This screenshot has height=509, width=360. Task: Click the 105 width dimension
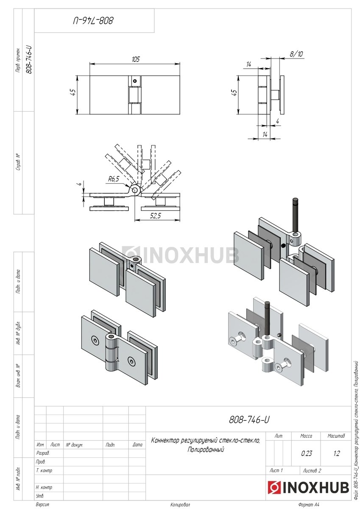tap(136, 59)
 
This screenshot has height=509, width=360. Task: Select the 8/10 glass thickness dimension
tap(296, 54)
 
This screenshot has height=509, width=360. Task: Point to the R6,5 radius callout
tap(113, 179)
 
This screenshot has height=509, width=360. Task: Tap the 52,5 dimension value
tap(155, 215)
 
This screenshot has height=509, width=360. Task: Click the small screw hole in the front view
tap(135, 81)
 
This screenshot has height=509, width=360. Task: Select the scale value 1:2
tap(337, 453)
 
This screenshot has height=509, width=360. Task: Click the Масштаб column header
tap(336, 436)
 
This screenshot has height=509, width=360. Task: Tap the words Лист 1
tap(276, 470)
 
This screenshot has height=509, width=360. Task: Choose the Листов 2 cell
tap(312, 470)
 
